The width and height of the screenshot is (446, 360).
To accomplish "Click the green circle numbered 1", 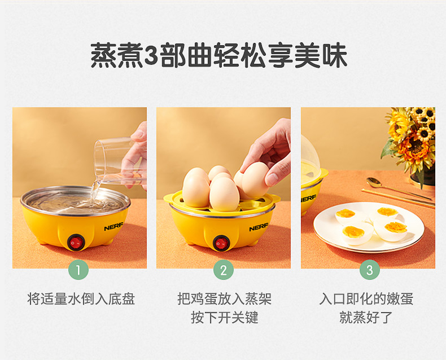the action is [78, 270].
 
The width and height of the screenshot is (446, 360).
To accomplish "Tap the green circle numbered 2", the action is [224, 270].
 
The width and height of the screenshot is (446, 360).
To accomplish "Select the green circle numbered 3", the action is [369, 270].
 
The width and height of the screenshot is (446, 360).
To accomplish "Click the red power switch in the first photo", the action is [76, 243].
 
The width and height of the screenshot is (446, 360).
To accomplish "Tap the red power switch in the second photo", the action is [221, 243].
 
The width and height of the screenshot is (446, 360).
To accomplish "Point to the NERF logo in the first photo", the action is [113, 227].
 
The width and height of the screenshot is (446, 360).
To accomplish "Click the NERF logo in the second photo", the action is [259, 227].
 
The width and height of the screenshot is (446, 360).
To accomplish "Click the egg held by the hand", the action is [255, 179].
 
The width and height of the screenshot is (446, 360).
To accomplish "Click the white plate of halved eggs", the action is [369, 227].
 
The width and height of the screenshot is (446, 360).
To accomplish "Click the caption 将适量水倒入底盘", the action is [81, 298].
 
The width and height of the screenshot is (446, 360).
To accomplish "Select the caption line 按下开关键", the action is [225, 317].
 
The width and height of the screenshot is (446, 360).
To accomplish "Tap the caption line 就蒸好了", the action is [366, 317].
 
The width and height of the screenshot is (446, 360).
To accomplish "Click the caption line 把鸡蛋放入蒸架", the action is [225, 298].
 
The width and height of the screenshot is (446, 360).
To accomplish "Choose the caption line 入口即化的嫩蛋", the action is [366, 298].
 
